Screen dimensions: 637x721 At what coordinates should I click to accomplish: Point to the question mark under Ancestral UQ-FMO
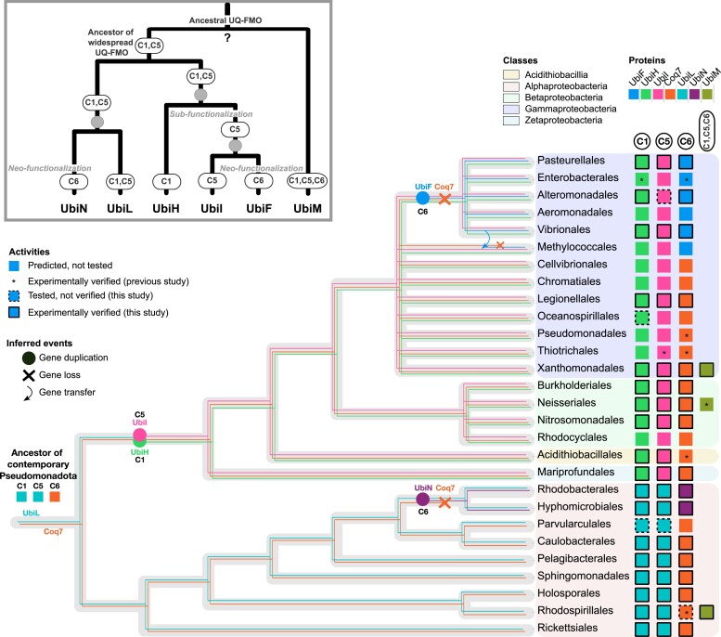228,38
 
